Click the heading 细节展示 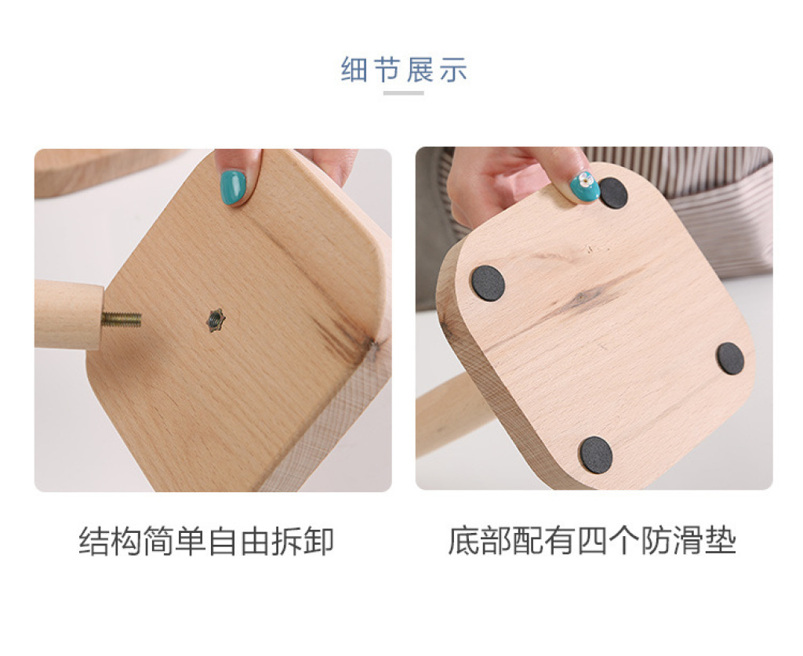click(404, 69)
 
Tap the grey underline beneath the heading click(404, 92)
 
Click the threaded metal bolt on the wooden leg click(121, 319)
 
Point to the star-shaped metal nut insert click(216, 321)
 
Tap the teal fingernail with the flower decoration click(585, 187)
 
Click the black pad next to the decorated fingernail click(613, 193)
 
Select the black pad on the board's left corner click(488, 283)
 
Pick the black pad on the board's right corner click(730, 357)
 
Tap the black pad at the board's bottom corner click(596, 455)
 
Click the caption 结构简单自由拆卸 click(206, 541)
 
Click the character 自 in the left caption click(222, 542)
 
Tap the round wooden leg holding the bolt click(67, 315)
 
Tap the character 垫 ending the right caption click(721, 541)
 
